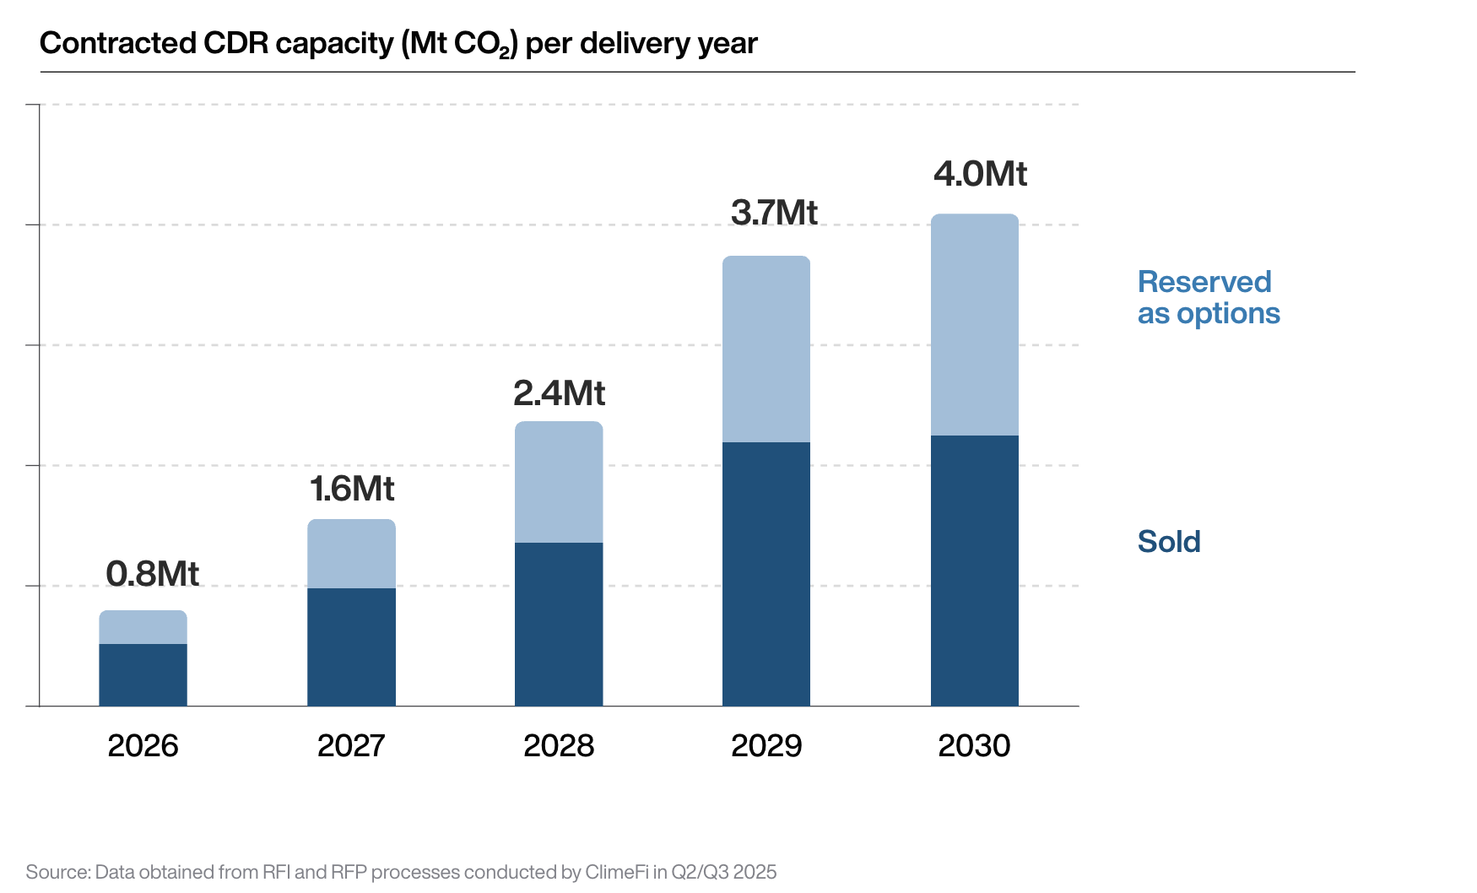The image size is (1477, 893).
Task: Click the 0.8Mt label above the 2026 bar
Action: click(152, 574)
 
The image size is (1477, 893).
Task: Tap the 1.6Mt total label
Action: click(352, 489)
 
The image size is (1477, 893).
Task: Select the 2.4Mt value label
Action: click(559, 393)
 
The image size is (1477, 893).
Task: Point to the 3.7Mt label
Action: click(774, 213)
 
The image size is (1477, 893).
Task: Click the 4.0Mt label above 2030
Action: click(980, 174)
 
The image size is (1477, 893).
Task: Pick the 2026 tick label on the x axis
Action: click(143, 746)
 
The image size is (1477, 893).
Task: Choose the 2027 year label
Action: click(351, 746)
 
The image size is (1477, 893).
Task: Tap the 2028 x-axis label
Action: click(559, 746)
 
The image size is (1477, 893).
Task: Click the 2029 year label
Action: click(766, 746)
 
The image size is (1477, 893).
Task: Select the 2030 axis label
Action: click(974, 746)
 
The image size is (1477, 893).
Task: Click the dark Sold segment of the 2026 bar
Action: click(143, 675)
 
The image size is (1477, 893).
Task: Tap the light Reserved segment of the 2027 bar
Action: click(351, 554)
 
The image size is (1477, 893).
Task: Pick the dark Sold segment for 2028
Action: click(559, 625)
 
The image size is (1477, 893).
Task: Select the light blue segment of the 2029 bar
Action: click(766, 349)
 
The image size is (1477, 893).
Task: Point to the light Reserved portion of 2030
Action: click(974, 325)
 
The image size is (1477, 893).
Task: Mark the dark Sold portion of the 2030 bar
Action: click(974, 571)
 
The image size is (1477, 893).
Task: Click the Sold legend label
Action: click(1169, 542)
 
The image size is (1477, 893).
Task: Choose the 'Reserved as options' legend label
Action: click(1208, 298)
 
